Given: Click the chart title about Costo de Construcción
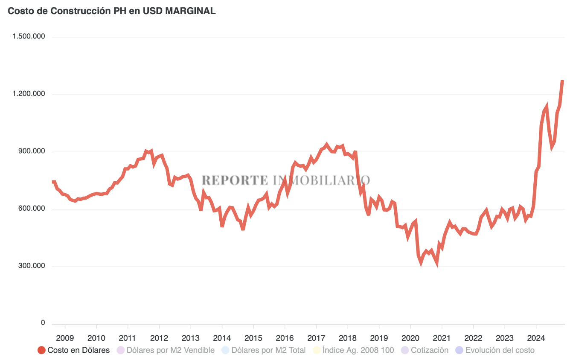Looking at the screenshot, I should pos(112,12).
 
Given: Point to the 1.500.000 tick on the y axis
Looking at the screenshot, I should pos(29,37).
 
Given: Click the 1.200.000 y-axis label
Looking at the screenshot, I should pos(29,94).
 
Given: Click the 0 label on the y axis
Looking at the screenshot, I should pos(43,323).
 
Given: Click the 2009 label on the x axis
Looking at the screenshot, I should pos(65,338).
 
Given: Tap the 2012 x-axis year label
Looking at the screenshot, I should pos(159,338).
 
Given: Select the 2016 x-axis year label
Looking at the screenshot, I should pos(285,338).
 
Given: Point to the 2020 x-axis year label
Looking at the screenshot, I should pos(410,338).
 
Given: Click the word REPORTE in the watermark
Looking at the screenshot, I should pos(235,180).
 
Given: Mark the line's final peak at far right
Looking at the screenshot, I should pos(563,81).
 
